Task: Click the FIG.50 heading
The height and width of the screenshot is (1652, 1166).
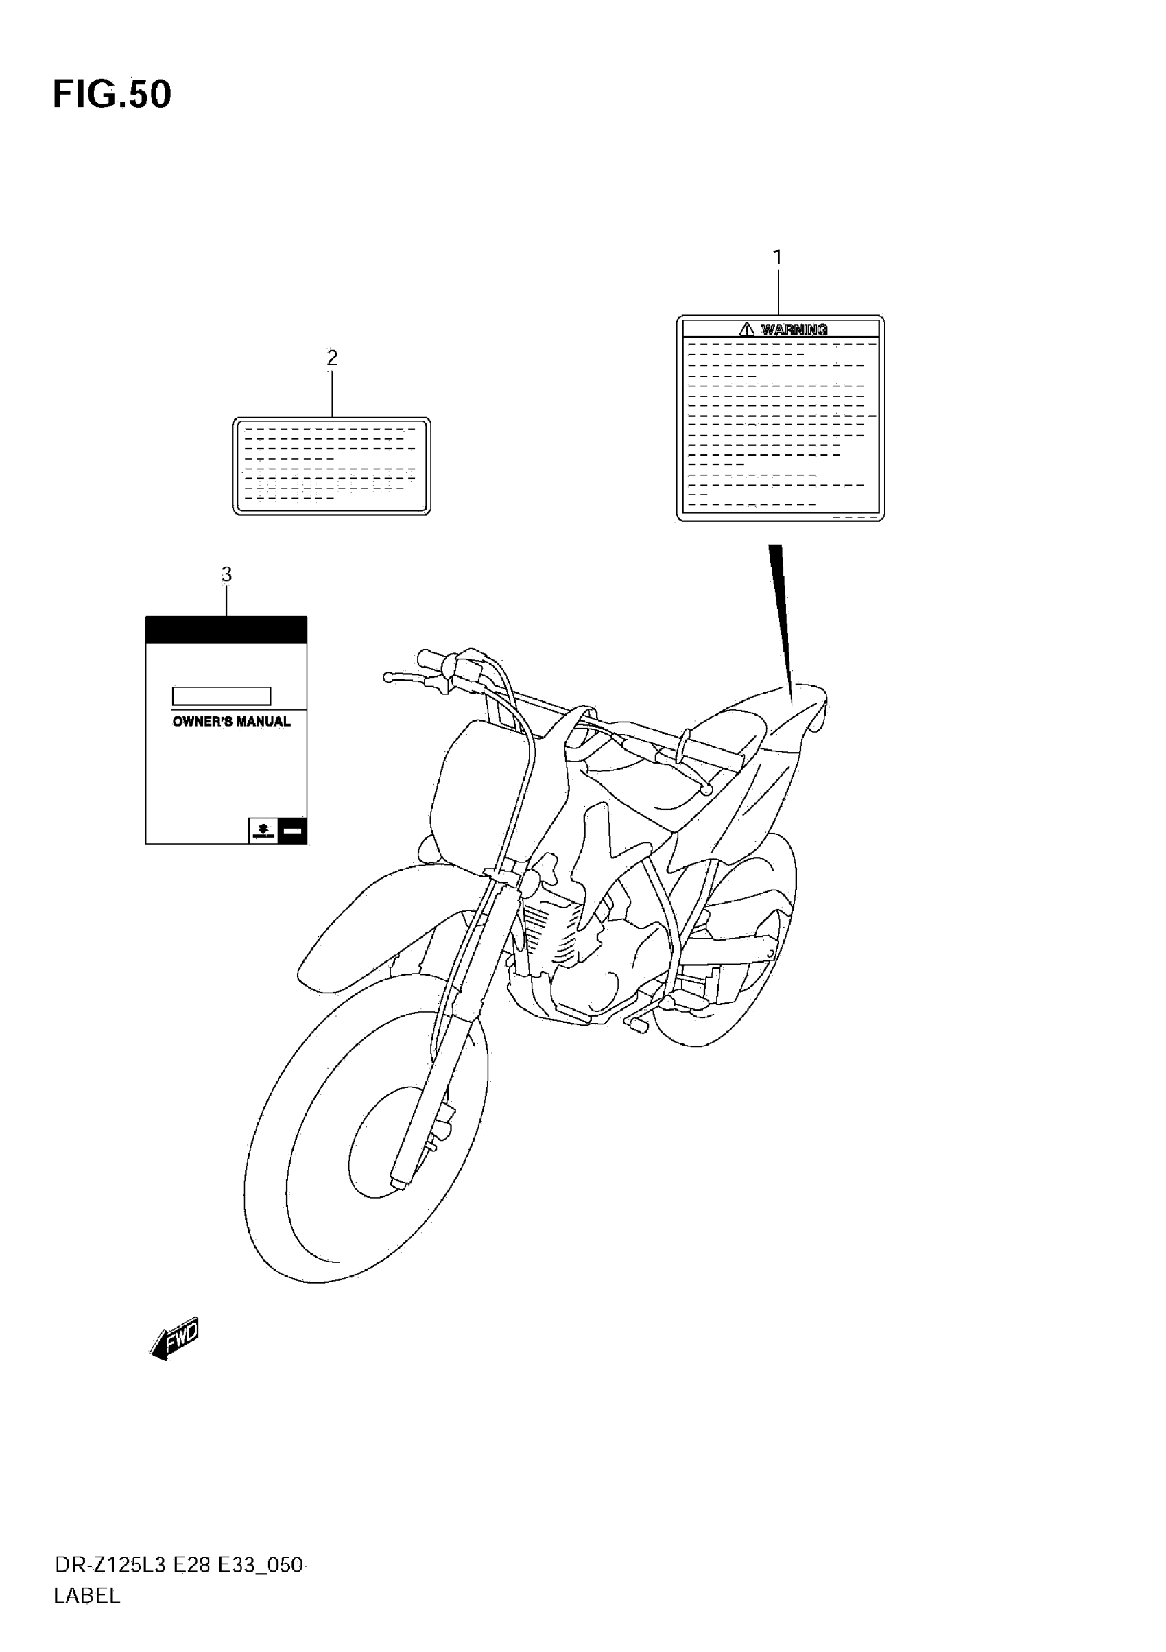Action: click(112, 94)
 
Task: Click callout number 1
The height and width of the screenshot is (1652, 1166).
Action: click(777, 257)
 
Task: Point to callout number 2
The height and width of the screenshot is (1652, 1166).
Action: click(331, 357)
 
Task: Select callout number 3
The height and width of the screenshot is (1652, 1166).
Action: click(226, 574)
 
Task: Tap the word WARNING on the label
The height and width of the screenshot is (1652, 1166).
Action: click(794, 329)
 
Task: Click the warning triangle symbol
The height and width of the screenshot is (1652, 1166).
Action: click(747, 329)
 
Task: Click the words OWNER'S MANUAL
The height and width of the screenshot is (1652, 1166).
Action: click(231, 721)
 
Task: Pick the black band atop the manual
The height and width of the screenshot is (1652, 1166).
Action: click(226, 630)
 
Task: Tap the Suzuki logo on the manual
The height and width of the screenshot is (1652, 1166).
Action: click(263, 830)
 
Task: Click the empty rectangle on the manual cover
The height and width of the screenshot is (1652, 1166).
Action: click(222, 696)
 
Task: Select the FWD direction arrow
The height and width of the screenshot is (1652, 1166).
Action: click(175, 1339)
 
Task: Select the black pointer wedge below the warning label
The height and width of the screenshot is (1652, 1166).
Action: click(781, 611)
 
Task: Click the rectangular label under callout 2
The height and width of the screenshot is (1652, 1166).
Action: click(331, 466)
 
